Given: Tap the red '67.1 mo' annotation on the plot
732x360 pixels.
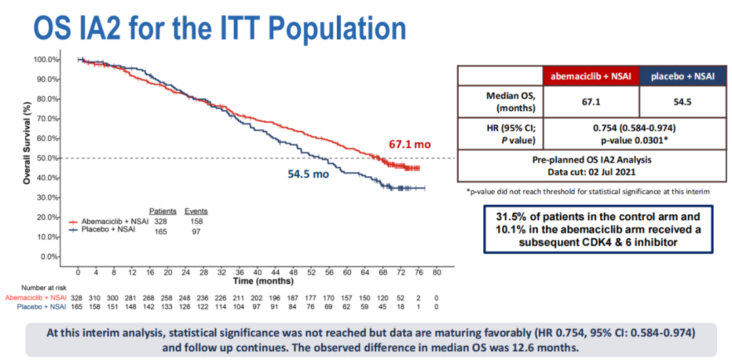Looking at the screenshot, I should [410, 144].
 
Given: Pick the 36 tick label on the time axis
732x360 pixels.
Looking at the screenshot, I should [239, 272].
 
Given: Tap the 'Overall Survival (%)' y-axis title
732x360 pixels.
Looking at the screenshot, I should [27, 143].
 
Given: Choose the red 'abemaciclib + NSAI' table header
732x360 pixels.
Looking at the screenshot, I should [591, 76].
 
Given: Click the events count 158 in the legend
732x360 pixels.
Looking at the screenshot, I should [197, 221].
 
